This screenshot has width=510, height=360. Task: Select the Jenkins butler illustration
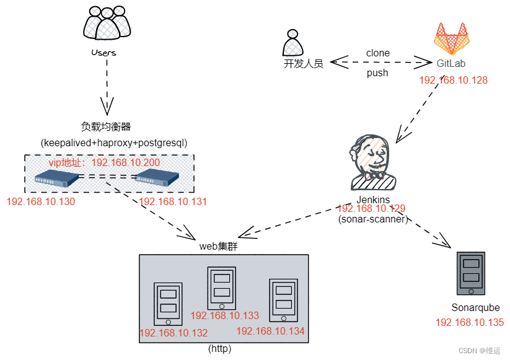click(x=372, y=162)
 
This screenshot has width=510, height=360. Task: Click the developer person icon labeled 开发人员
click(x=292, y=43)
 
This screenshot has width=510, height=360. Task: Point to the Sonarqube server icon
click(x=470, y=274)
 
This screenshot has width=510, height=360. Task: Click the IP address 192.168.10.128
click(x=453, y=80)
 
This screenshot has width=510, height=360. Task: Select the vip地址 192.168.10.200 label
click(x=104, y=162)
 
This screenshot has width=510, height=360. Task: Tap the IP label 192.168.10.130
click(x=40, y=202)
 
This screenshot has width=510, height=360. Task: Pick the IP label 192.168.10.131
click(x=173, y=202)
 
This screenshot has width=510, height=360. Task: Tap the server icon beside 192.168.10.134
click(x=283, y=300)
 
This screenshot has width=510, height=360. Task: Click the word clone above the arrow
click(x=377, y=53)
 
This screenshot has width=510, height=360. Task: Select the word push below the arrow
click(x=377, y=73)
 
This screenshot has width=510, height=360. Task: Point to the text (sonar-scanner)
click(x=373, y=219)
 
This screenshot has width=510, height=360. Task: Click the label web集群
click(x=219, y=246)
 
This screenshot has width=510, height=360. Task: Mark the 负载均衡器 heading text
click(x=106, y=126)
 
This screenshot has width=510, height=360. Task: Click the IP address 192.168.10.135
click(x=469, y=323)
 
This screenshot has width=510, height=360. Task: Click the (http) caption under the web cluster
click(x=220, y=349)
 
